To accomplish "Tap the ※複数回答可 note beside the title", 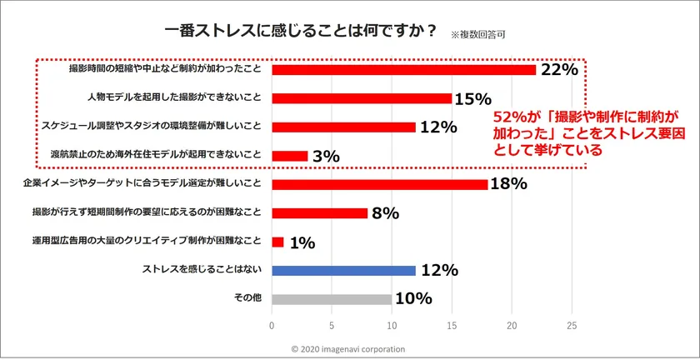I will [x=478, y=36].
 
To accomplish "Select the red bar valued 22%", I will [x=404, y=70].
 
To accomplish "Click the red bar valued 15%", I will [x=362, y=98].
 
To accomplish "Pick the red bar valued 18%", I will [x=380, y=184].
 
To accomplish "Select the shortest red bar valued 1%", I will [x=278, y=242].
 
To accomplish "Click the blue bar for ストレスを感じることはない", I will [x=343, y=270].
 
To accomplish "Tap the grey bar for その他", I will [x=332, y=299].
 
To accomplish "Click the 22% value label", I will [x=559, y=70].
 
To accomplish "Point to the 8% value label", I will [x=386, y=213].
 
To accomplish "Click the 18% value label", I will [x=508, y=184].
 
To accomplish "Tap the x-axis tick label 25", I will [x=572, y=325].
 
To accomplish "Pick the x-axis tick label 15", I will [x=452, y=325].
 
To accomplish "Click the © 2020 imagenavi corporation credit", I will [x=349, y=349].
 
